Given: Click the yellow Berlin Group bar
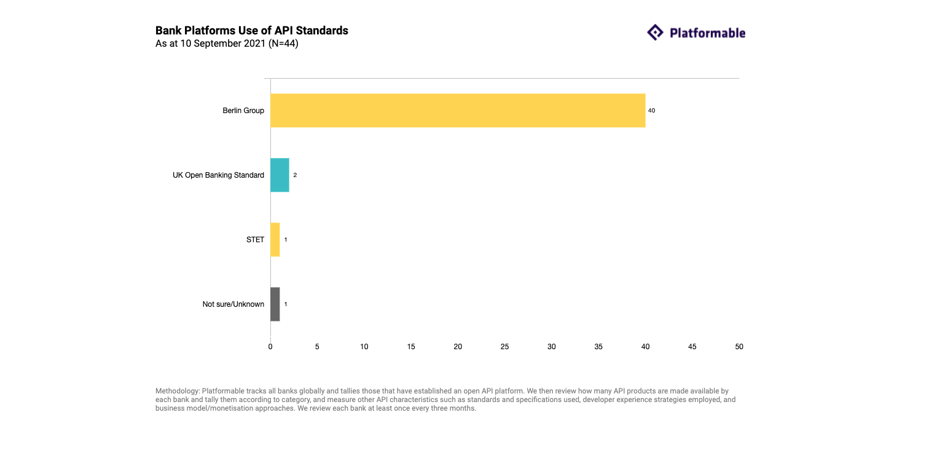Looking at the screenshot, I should click(458, 111).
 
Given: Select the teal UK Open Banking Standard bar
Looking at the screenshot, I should click(280, 175).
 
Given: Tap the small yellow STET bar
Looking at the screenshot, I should click(275, 240).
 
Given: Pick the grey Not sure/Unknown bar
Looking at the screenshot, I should click(275, 304).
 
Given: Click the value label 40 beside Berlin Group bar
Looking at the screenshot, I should click(652, 111).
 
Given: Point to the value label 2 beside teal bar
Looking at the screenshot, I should click(295, 175).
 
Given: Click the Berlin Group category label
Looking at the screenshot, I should click(243, 111).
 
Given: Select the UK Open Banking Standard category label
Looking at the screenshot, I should click(218, 175).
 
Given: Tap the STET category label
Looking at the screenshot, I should click(255, 240).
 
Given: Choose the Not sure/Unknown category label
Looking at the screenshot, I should click(233, 304).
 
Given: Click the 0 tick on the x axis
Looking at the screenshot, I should click(270, 347).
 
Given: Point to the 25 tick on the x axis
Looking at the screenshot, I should click(505, 347).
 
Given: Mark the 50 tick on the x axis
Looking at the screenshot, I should click(739, 347).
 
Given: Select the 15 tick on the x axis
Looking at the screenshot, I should click(411, 347).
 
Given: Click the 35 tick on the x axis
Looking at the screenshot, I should click(598, 347).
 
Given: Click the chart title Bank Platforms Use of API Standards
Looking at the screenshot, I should click(252, 31).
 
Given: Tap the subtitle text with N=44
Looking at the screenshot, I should click(227, 44).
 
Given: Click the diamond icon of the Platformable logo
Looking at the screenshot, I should click(656, 33).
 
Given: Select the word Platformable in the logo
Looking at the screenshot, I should click(707, 33).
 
